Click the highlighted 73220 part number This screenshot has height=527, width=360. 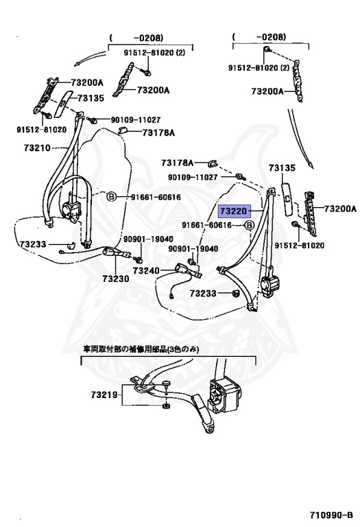[x=234, y=211]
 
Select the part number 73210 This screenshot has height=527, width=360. [x=37, y=148]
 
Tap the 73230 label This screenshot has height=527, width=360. [x=116, y=279]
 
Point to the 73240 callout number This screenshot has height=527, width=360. [x=146, y=270]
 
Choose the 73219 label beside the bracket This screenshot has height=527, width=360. [x=104, y=395]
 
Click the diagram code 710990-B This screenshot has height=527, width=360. [x=331, y=515]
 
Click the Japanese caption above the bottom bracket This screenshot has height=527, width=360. [x=141, y=349]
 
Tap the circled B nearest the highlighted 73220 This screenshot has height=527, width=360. [x=249, y=226]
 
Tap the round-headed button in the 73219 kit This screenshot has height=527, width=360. [x=166, y=384]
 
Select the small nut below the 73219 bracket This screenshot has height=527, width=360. [x=165, y=406]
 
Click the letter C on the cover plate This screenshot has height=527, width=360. [x=287, y=198]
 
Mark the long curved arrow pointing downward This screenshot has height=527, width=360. [x=300, y=139]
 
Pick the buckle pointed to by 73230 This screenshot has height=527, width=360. [x=115, y=252]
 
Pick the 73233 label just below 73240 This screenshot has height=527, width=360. [x=203, y=294]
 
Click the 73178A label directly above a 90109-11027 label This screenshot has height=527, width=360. [x=178, y=163]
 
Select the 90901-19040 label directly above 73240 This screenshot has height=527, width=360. [x=193, y=249]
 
